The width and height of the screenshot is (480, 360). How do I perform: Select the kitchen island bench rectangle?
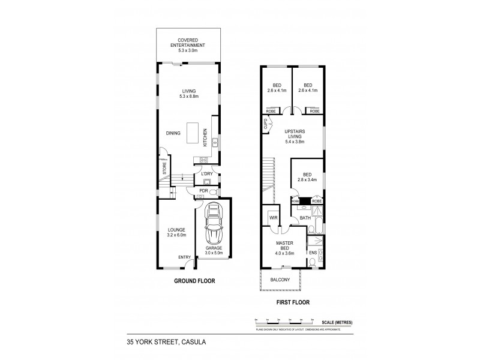point(193,133)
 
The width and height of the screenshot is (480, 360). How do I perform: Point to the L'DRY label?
point(208,175)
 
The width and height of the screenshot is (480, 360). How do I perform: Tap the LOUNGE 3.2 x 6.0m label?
point(176,232)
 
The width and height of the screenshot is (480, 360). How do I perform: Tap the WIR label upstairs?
point(273,218)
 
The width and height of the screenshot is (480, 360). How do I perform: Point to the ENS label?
point(313,254)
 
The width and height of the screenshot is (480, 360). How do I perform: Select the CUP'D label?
point(265,125)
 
